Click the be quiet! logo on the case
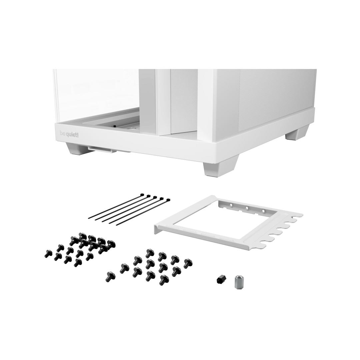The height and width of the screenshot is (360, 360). click(69, 134)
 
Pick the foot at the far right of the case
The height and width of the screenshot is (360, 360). click(294, 135)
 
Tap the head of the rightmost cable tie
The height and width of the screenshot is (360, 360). click(168, 200)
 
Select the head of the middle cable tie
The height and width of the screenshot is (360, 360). click(155, 198)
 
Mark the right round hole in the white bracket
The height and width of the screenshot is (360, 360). click(263, 211)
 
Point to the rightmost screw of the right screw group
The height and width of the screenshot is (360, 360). click(188, 263)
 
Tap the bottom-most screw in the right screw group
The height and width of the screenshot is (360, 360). click(164, 280)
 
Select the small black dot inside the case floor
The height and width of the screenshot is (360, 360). click(114, 126)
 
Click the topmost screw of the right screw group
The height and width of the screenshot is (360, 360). click(150, 253)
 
